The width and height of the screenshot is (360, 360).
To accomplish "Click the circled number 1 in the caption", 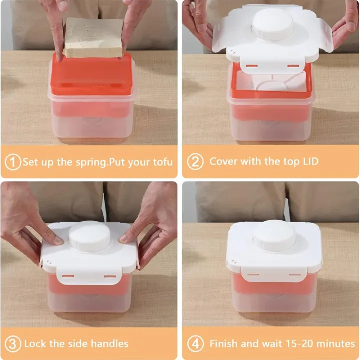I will click(13, 162).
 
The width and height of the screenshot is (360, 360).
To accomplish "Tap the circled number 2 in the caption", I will click(195, 162).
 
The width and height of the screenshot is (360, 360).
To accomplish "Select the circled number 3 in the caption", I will click(13, 344).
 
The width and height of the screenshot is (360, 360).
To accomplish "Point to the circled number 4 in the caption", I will click(195, 344).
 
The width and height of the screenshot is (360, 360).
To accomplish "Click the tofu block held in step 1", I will click(94, 37).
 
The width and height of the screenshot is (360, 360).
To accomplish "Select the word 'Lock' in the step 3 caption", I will click(35, 344).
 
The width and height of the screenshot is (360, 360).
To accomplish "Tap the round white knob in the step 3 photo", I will click(89, 236).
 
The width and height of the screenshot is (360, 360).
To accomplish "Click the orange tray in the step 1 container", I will click(92, 75).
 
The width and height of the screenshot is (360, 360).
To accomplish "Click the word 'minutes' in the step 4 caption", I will click(337, 344).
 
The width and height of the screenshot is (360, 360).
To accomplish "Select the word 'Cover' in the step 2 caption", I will click(223, 161).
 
